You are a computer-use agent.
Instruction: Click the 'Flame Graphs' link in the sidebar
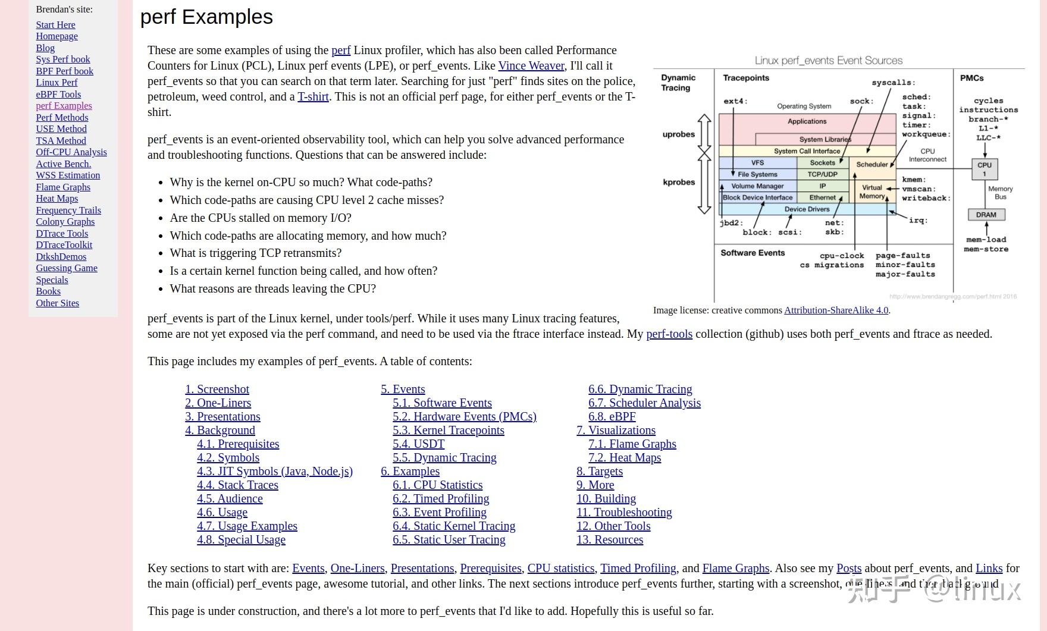tap(63, 187)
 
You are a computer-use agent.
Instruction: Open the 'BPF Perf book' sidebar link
tap(64, 71)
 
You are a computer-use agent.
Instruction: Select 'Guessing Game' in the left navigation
tap(67, 268)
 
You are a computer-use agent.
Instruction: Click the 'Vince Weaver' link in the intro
tap(531, 66)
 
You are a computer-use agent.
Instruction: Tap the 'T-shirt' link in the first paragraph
tap(313, 97)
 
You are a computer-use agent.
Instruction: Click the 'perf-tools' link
tap(669, 334)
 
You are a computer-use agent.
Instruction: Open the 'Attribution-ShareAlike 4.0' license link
tap(836, 310)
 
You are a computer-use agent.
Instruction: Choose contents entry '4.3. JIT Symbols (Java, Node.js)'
tap(275, 472)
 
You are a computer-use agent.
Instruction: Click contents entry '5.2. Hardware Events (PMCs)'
tap(464, 417)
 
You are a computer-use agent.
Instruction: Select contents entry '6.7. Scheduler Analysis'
tap(644, 403)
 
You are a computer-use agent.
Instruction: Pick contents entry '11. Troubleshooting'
tap(624, 513)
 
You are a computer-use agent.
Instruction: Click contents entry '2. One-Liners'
tap(218, 403)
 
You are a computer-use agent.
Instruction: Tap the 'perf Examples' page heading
tap(206, 17)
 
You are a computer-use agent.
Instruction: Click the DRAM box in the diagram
tap(986, 215)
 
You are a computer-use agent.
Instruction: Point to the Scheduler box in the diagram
tap(872, 165)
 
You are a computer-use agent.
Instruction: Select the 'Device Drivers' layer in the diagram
tap(807, 209)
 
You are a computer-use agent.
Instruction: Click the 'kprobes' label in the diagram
tap(679, 183)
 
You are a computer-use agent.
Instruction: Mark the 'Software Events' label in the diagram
tap(753, 253)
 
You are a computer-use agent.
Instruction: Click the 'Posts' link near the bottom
tap(848, 569)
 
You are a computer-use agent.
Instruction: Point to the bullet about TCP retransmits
tap(256, 253)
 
